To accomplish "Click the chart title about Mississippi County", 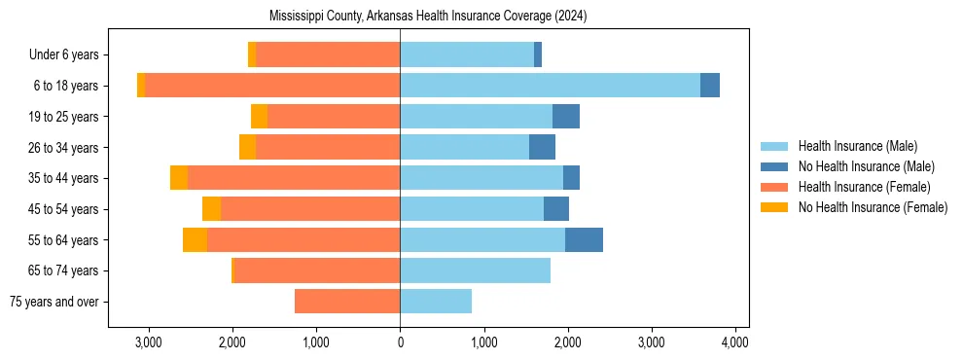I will tap(428, 17).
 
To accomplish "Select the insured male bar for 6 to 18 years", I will tap(550, 86).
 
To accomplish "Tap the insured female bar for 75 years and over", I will tap(347, 302).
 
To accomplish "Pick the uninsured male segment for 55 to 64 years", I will tap(584, 239).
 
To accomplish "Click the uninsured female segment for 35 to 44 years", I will tap(179, 178).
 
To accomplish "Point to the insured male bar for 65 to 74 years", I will tap(475, 270).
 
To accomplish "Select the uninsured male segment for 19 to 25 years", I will tap(566, 117).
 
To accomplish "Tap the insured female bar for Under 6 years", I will tap(328, 54).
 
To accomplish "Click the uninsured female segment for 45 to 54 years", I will tap(211, 209).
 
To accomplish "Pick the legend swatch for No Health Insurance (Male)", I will tap(774, 166).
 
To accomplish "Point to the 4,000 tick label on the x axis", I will tap(734, 342).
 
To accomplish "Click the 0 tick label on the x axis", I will tap(400, 342).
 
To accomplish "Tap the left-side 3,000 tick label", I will tap(149, 342).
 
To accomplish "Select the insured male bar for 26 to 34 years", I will tap(464, 147).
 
